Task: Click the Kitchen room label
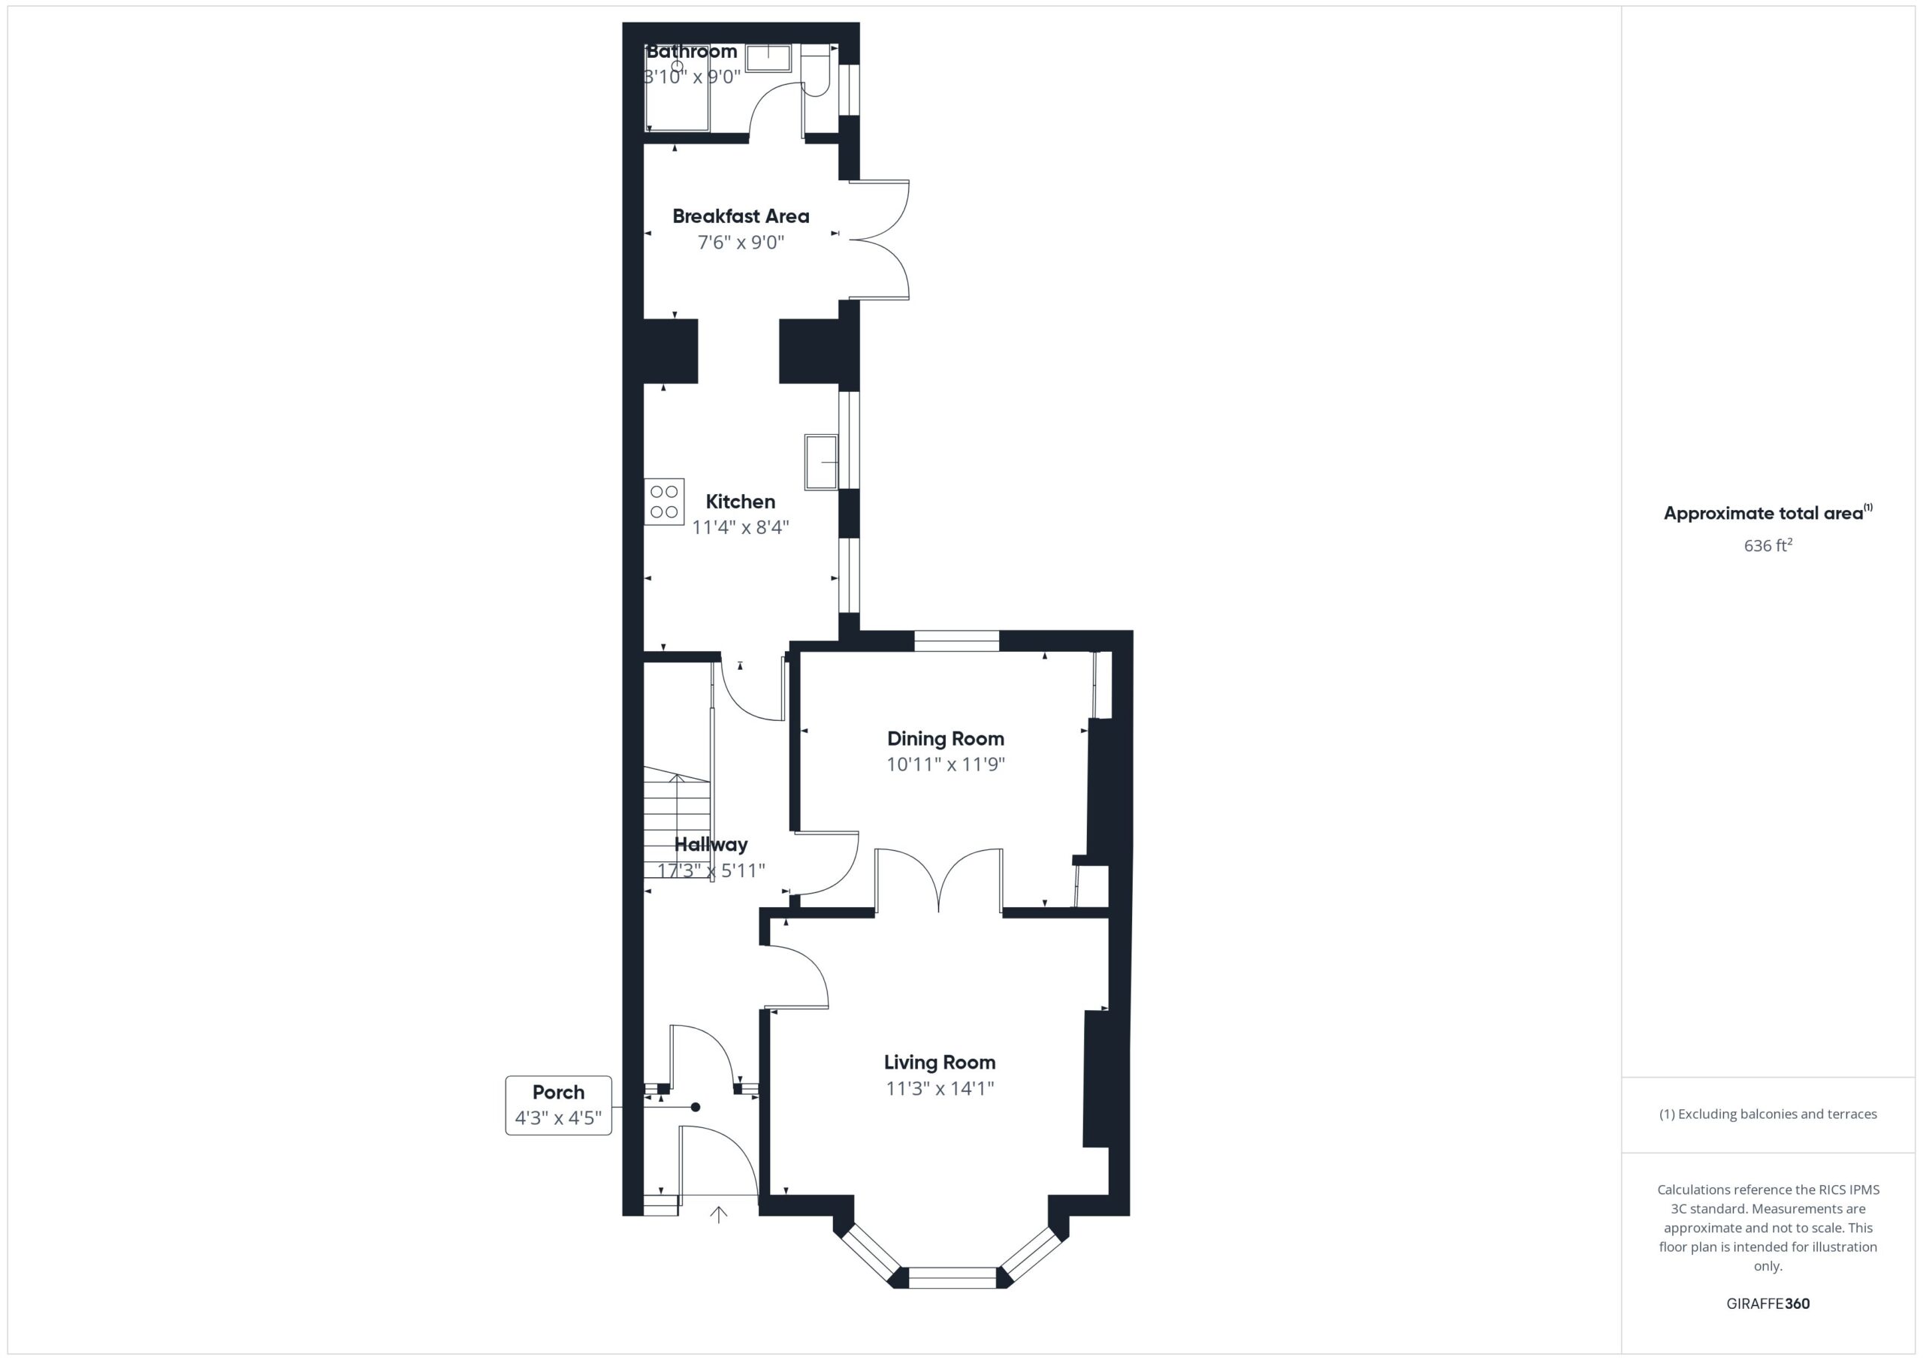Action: click(x=741, y=502)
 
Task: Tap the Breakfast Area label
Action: click(x=741, y=216)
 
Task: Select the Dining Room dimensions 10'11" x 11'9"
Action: click(x=946, y=764)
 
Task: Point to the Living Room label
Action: click(x=940, y=1062)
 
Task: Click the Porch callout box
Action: click(x=559, y=1105)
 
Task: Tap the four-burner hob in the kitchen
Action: click(x=664, y=502)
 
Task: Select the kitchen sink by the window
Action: click(x=821, y=461)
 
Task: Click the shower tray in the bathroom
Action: click(x=678, y=88)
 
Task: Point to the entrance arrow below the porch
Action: click(x=719, y=1214)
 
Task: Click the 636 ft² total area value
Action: click(x=1768, y=545)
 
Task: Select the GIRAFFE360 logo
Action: click(x=1768, y=1303)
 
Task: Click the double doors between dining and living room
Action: click(x=939, y=880)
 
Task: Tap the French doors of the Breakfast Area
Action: click(x=880, y=240)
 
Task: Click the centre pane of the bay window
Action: click(x=952, y=1278)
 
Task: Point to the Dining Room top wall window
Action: click(x=956, y=641)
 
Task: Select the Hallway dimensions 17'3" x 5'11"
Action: click(x=711, y=870)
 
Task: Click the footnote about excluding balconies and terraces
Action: click(x=1768, y=1114)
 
